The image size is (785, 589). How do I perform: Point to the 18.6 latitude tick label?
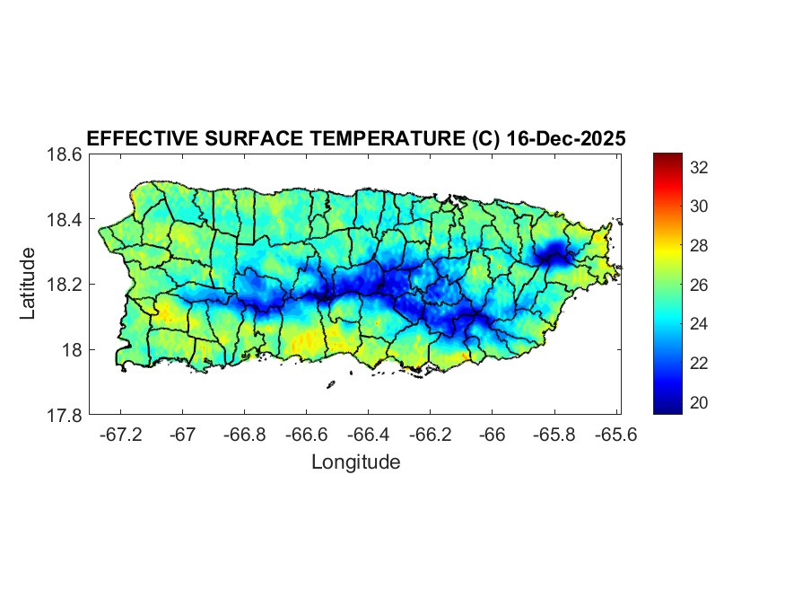click(x=64, y=154)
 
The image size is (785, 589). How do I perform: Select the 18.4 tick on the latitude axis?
click(x=64, y=220)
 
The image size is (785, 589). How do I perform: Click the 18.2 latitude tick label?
click(x=64, y=285)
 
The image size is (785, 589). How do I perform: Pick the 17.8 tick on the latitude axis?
click(x=64, y=415)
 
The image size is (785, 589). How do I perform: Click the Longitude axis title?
click(x=355, y=462)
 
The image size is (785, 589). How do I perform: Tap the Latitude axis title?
click(x=29, y=284)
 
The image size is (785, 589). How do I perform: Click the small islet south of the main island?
click(x=330, y=384)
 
